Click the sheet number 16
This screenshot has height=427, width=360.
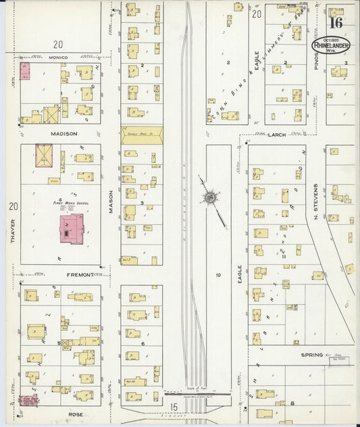[336, 22]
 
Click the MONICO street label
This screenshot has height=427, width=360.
[60, 58]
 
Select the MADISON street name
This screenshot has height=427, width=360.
[61, 134]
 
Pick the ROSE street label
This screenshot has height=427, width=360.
[60, 412]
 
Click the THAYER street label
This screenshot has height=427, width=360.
[13, 230]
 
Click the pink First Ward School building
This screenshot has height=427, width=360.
[72, 229]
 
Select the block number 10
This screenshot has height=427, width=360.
[218, 275]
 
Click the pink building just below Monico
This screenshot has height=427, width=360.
[25, 71]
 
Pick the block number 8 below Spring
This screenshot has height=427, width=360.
[292, 403]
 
